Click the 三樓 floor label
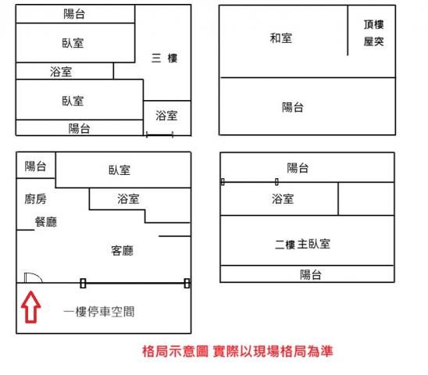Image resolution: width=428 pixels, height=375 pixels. tap(164, 58)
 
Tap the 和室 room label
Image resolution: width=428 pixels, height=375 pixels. tap(281, 38)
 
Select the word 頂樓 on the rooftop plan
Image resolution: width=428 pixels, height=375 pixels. tap(373, 24)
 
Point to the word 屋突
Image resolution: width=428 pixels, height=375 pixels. tap(373, 41)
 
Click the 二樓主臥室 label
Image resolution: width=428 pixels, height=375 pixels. tap(302, 244)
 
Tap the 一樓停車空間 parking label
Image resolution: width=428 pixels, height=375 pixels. tap(99, 312)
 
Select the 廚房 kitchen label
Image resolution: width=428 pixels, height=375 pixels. tap(35, 199)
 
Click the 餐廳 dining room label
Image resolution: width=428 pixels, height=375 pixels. tap(46, 222)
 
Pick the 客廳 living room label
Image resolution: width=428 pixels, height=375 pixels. tap(123, 251)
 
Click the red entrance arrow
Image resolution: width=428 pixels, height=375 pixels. tap(31, 307)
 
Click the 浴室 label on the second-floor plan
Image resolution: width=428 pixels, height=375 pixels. tap(283, 198)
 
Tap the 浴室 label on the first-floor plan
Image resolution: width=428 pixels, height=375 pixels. tap(128, 198)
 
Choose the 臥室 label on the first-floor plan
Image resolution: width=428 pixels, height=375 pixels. tap(119, 170)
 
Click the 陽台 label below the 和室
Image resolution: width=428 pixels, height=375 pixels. tap(293, 107)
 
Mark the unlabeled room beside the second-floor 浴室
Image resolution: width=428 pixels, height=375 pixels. tap(366, 198)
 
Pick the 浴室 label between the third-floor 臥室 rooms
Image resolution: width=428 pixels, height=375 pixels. tap(61, 72)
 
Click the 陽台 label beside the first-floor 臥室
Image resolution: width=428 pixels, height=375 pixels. tap(35, 166)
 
